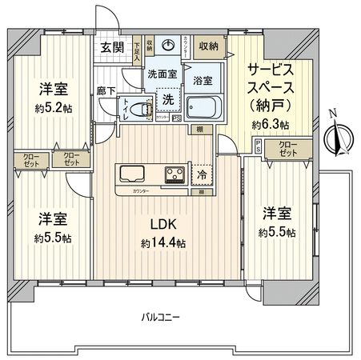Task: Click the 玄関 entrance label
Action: tap(111, 46)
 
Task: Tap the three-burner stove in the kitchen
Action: tap(175, 174)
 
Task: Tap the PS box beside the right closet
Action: tap(258, 146)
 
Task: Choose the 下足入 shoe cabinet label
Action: tap(138, 51)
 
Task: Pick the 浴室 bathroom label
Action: tap(203, 80)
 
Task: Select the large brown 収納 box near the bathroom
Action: tap(210, 46)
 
